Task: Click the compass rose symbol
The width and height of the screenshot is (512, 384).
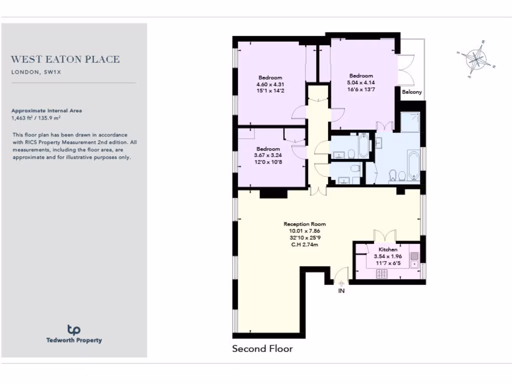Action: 476,59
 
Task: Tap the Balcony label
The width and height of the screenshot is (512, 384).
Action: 412,92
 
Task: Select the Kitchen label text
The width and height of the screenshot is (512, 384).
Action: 388,249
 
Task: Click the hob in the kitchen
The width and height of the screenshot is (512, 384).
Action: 382,273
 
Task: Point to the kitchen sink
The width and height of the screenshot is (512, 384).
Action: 414,257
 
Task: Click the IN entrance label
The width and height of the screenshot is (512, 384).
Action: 342,290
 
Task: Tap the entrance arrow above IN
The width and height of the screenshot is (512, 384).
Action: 342,282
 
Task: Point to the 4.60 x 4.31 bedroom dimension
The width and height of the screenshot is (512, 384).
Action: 270,84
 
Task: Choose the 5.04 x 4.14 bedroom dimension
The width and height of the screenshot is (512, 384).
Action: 361,82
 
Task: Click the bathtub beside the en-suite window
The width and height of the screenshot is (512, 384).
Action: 413,164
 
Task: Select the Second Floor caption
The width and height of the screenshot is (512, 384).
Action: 262,348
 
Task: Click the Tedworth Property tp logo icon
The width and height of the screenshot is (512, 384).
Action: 74,329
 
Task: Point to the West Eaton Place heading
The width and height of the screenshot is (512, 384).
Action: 65,59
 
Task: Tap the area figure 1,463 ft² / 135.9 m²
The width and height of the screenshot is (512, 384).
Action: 39,118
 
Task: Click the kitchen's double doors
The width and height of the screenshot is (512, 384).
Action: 385,235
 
